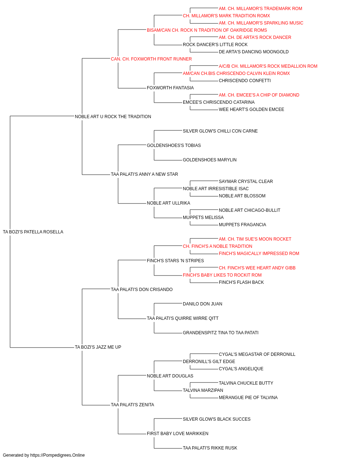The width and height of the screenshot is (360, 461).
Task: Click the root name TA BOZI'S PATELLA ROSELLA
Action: (33, 232)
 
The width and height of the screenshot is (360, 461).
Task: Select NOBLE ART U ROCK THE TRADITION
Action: (113, 117)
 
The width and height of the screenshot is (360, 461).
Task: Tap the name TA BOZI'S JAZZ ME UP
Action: (98, 347)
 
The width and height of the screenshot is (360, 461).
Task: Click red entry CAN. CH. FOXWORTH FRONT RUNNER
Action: (151, 59)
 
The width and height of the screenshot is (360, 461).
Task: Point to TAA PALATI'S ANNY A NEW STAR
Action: (144, 174)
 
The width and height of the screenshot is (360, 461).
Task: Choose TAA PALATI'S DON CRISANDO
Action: (141, 289)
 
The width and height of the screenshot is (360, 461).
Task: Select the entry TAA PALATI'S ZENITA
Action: (132, 404)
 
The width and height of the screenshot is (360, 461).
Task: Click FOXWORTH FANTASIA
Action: (170, 88)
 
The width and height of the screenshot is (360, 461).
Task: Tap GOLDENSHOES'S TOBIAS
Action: (174, 145)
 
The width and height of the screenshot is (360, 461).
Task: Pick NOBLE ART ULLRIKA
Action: (168, 203)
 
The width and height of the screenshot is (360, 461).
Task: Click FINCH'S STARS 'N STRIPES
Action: (175, 260)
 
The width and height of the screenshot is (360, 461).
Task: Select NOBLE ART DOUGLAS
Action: (170, 376)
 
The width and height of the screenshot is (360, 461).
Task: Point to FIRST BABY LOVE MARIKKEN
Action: (178, 433)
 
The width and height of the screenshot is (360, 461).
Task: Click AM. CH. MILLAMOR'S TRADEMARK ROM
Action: (261, 9)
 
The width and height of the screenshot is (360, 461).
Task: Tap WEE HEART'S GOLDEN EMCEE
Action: (251, 109)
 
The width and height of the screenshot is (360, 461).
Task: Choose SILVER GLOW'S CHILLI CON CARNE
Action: (220, 131)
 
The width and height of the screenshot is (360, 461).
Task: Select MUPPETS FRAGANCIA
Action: (243, 225)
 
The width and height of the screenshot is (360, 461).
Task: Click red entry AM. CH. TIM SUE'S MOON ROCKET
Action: (255, 239)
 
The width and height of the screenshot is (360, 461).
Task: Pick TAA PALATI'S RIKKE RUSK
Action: (210, 448)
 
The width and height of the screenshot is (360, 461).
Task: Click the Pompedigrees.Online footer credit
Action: (44, 455)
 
